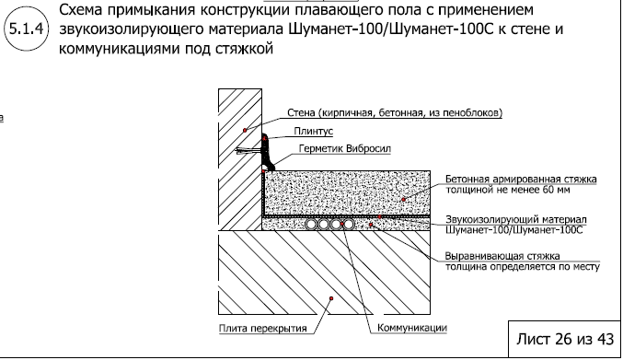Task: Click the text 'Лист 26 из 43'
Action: coord(560,337)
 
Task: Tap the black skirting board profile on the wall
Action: coord(267,146)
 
